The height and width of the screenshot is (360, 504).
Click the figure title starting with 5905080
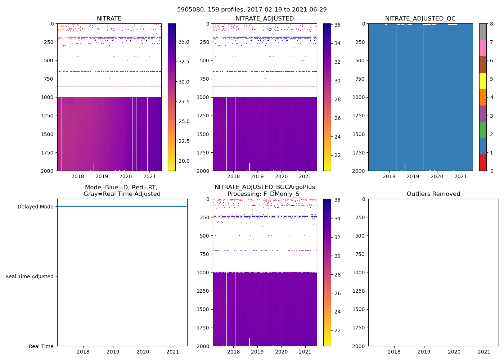(252, 10)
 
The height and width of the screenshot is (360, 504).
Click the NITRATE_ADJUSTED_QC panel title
(420, 18)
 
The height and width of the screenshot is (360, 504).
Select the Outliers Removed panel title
(433, 194)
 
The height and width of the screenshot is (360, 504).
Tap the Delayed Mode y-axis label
(35, 207)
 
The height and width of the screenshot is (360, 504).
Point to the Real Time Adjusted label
(29, 276)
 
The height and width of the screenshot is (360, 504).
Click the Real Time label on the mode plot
(41, 346)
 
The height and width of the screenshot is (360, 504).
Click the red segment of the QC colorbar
(483, 163)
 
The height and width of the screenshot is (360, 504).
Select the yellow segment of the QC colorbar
(483, 81)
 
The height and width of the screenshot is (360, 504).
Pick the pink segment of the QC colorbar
(483, 48)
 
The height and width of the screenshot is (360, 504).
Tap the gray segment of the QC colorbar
(483, 32)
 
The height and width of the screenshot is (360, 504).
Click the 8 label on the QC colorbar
(491, 24)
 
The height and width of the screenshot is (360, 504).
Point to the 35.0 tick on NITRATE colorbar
(184, 42)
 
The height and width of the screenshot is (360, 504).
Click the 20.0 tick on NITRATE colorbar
(184, 161)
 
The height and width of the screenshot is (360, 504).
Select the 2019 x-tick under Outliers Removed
(424, 352)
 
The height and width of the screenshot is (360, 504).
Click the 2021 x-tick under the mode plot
(173, 352)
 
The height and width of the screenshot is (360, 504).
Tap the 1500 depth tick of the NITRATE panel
(47, 134)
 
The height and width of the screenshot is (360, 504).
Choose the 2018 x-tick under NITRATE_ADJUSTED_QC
(389, 176)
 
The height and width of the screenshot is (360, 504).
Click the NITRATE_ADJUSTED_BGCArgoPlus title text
(265, 187)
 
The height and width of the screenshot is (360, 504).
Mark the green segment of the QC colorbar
(483, 130)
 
